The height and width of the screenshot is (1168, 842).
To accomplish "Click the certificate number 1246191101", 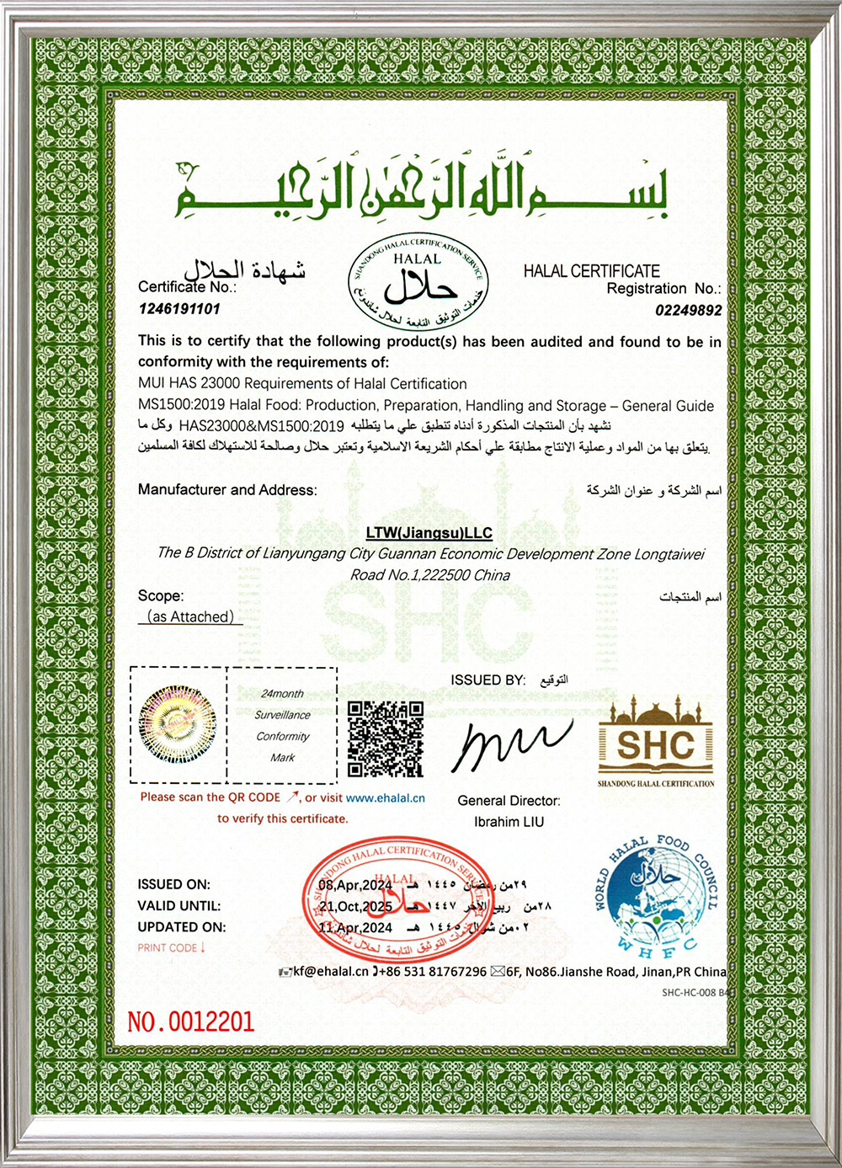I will tap(179, 309).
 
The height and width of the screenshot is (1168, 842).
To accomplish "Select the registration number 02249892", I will tap(688, 310).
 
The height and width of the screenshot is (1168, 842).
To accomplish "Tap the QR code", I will tap(386, 739).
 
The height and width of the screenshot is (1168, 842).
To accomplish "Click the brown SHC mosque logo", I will tap(656, 741).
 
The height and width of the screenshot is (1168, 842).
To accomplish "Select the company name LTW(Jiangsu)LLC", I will tap(429, 533).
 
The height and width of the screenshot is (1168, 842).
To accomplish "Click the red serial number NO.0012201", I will tap(190, 1021).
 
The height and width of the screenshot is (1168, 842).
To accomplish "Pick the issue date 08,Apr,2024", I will tap(355, 885).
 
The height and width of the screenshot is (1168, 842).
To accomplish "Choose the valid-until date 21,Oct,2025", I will tap(355, 906).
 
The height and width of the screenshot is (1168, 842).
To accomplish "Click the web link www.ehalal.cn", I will tap(385, 797).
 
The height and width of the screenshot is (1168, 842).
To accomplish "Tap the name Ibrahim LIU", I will tap(509, 822).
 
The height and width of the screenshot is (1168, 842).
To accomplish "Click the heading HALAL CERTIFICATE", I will tap(591, 271).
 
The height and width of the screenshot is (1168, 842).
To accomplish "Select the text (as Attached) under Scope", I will tap(190, 616).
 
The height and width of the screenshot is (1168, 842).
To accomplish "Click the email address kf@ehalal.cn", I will tap(331, 971).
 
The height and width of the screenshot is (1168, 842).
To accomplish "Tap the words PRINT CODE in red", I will tap(167, 948).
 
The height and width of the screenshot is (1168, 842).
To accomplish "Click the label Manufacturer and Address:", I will tap(227, 490).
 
